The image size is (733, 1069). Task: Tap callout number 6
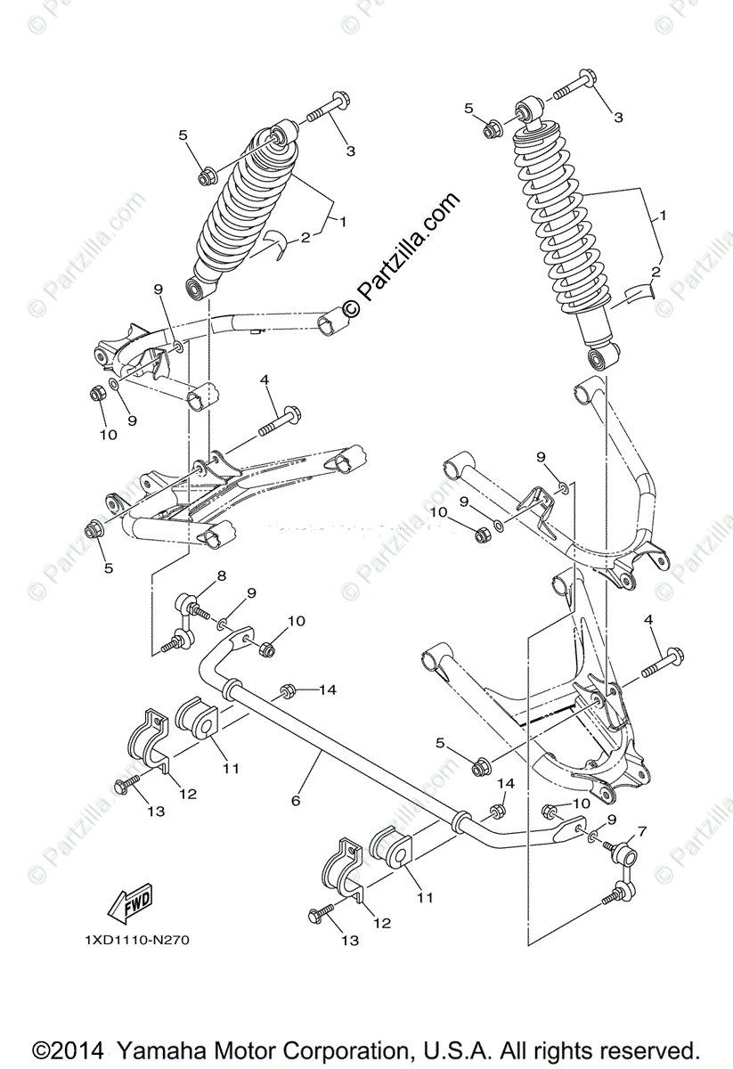coord(295,801)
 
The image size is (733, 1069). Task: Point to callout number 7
coord(643,830)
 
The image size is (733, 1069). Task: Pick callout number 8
coord(221,576)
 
